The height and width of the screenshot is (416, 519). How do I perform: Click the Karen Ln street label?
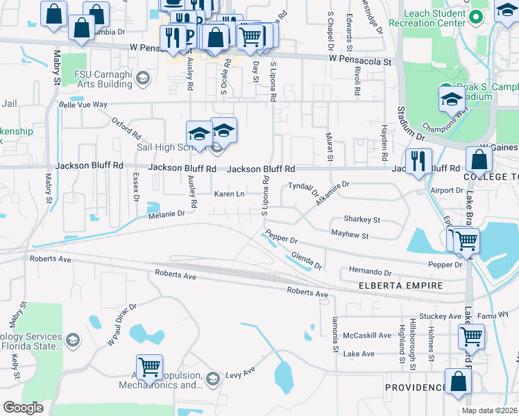[229, 194]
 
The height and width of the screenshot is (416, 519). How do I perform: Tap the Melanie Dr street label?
[166, 214]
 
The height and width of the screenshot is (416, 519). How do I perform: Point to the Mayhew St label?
[349, 236]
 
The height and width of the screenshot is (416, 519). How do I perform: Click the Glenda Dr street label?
[306, 261]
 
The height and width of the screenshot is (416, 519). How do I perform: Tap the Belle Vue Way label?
[83, 105]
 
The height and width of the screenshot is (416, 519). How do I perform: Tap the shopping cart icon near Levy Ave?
[149, 367]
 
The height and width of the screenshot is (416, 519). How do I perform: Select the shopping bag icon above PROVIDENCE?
[458, 382]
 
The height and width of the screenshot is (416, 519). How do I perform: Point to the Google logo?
[23, 408]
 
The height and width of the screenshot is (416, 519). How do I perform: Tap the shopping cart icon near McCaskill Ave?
[471, 338]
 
